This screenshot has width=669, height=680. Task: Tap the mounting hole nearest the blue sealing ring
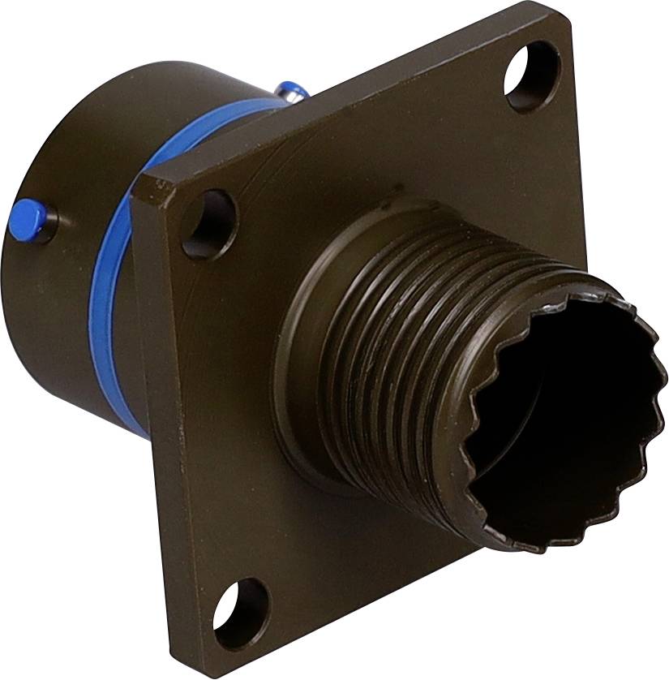(x=208, y=223)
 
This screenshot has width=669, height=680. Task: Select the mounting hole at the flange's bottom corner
(x=242, y=613)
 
